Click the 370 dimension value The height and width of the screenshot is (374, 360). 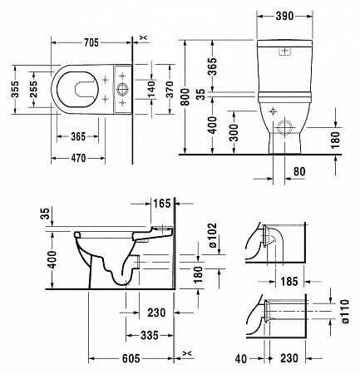point(170,89)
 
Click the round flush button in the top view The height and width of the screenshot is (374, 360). point(122,87)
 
